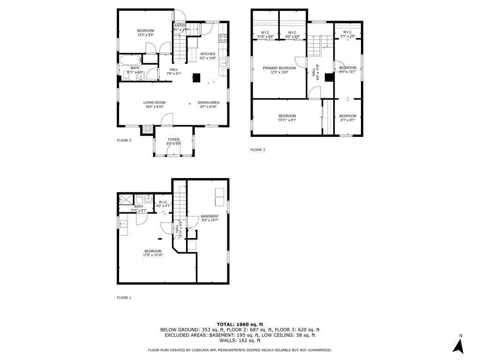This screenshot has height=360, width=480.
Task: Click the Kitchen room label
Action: coord(208,56)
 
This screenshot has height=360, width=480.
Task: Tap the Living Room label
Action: coord(154,105)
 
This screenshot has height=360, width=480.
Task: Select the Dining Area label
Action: coord(208,105)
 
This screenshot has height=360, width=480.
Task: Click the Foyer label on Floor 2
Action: coord(173,141)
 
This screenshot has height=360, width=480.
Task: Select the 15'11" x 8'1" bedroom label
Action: coord(287,118)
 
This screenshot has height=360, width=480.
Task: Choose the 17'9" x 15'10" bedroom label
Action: coord(153,253)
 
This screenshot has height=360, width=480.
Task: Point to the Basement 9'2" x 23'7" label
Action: coord(210,218)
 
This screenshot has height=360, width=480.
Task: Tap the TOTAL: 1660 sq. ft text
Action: coord(240,324)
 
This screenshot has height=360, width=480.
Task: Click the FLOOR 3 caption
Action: coord(257,150)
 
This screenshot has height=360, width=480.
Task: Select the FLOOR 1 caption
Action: coord(124,298)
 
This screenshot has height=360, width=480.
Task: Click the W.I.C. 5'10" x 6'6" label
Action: coord(265,35)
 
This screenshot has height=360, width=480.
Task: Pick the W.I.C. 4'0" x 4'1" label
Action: coord(163,204)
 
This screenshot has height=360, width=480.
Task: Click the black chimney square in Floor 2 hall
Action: coord(197,78)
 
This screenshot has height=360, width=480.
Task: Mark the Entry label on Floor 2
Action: coord(180,27)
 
